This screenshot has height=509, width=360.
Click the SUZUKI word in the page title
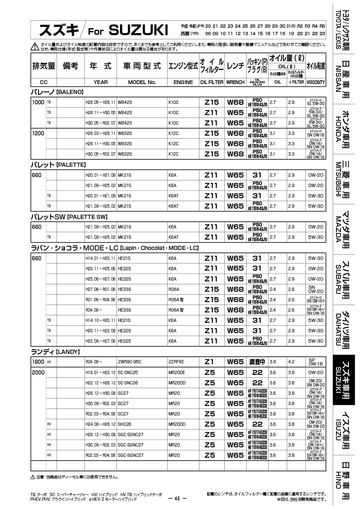click(138, 30)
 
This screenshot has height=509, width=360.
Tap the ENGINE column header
click(183, 82)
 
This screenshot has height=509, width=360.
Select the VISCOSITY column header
click(316, 82)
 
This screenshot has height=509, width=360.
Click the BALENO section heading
click(58, 91)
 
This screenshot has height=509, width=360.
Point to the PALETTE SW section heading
click(69, 216)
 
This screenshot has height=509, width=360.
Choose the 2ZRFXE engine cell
click(176, 362)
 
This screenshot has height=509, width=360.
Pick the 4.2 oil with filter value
click(291, 362)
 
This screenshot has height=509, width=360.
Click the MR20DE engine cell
click(177, 372)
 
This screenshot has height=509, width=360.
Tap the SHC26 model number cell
click(125, 424)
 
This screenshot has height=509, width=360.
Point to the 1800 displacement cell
click(38, 362)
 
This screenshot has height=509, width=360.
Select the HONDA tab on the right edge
click(343, 129)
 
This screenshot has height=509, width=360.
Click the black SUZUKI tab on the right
click(343, 380)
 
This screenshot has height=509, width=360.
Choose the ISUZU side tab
click(343, 430)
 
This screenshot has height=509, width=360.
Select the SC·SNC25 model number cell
click(128, 372)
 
